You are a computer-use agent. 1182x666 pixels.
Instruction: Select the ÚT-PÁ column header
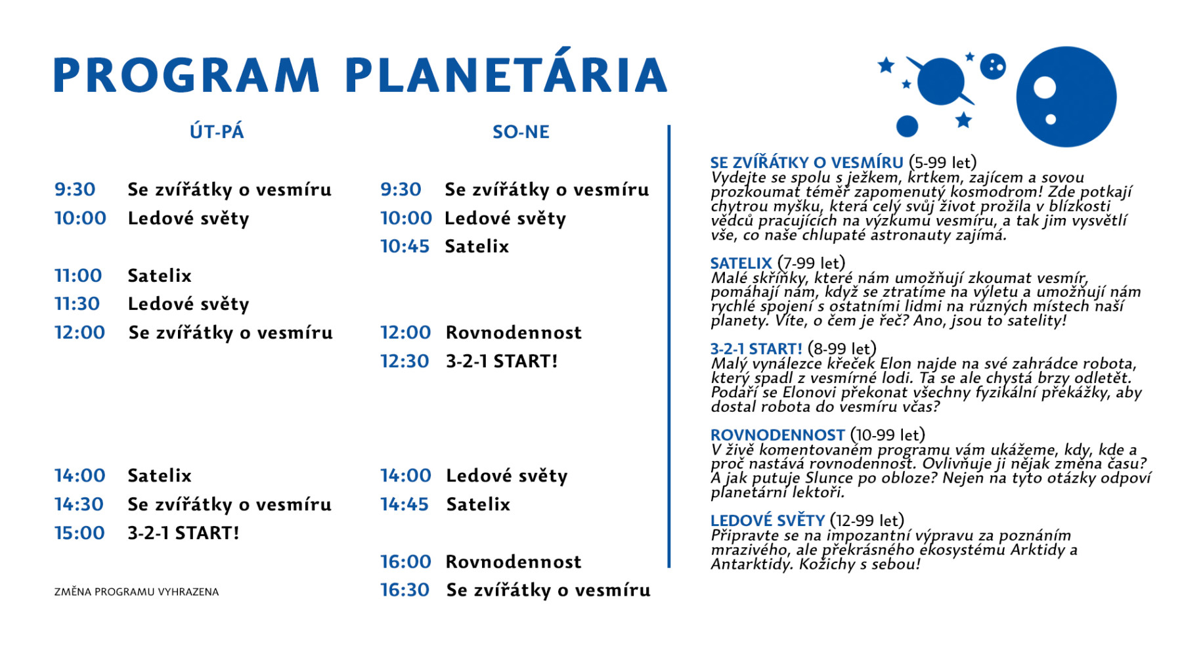217,131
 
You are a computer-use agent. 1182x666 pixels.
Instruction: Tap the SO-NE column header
521,132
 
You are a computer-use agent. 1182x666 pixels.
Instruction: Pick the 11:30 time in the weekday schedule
77,304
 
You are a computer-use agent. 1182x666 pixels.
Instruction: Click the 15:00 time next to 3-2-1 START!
79,533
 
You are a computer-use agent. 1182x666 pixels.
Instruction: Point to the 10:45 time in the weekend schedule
405,246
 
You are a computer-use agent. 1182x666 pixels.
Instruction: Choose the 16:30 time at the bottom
405,590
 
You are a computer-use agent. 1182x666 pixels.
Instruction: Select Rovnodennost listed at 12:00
514,332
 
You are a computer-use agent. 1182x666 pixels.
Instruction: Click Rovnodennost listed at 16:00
514,562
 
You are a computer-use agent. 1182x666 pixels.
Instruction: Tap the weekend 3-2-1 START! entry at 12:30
502,361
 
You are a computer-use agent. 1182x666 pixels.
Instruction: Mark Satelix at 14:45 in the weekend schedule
478,504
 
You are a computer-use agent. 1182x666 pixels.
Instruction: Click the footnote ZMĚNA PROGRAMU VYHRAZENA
137,592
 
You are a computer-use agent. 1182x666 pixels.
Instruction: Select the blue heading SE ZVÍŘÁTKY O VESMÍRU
807,162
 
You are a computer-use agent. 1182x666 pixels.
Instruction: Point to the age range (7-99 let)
811,263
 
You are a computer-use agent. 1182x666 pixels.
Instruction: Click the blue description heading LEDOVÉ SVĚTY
768,520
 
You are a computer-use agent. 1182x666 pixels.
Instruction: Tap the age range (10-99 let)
887,435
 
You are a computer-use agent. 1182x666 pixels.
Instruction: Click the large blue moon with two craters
1066,97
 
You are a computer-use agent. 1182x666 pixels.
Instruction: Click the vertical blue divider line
669,346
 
